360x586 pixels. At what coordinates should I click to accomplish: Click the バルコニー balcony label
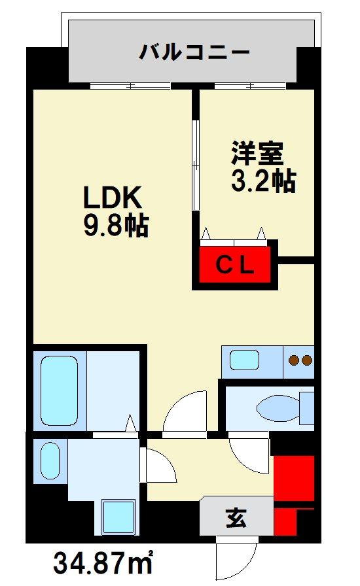tap(194, 52)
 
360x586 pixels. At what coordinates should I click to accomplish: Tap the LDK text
tap(111, 197)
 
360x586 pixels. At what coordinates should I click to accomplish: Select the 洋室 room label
tap(256, 153)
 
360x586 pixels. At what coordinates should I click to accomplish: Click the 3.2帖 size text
tap(262, 181)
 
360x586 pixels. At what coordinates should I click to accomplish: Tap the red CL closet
tap(235, 264)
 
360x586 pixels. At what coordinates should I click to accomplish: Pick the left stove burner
tap(294, 360)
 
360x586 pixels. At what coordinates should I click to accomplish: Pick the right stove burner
tap(307, 360)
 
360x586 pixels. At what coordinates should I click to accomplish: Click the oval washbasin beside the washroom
tap(50, 460)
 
